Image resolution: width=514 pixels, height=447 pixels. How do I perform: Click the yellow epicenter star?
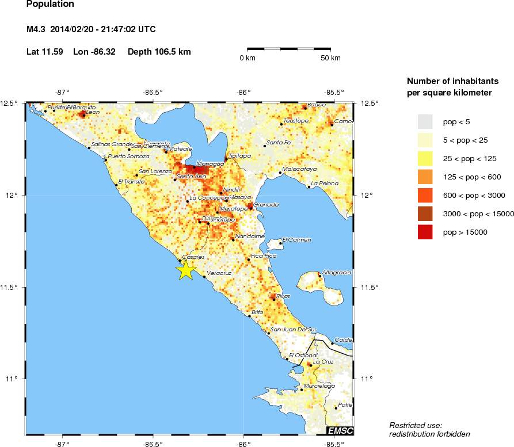coord(185,269)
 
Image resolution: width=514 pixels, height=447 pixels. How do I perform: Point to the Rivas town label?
coord(283,296)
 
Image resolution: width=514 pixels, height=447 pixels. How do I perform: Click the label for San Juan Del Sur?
coord(294,329)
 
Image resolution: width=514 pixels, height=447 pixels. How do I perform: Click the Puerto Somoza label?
coord(128,156)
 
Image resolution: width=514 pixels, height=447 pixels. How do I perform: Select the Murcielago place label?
coord(319,385)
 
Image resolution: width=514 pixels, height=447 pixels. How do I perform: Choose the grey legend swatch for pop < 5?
coord(425,121)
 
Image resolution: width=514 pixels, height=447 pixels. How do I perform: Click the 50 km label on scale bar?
coord(331,59)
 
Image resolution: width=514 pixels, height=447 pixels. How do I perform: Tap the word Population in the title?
coord(50,4)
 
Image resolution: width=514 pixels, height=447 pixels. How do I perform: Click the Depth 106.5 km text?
coord(159,52)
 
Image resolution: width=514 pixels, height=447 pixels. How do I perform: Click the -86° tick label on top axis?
coord(244,92)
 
